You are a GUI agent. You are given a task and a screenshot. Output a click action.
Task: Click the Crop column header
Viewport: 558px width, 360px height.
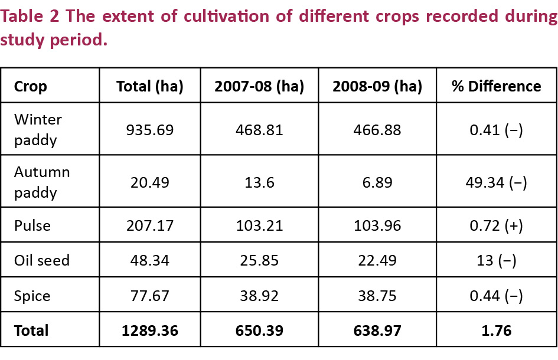(x=31, y=86)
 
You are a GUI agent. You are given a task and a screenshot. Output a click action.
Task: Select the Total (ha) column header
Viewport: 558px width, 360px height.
(x=150, y=86)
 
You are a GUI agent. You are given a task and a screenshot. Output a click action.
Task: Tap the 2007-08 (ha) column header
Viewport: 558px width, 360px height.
(x=259, y=86)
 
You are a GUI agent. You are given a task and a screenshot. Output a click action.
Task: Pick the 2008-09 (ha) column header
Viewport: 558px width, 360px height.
(x=377, y=86)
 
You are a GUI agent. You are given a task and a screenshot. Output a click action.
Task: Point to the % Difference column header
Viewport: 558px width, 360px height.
(x=496, y=86)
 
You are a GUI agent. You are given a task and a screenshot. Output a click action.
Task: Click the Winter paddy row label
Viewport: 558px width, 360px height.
(x=38, y=130)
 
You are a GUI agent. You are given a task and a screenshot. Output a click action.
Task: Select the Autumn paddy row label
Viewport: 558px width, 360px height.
(x=42, y=182)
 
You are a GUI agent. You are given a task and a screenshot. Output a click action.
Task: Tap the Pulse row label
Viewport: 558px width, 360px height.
(x=32, y=225)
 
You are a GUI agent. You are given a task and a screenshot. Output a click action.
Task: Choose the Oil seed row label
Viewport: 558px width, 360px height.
(x=42, y=260)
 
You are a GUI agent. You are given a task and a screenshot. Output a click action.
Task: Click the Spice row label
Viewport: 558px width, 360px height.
(x=32, y=295)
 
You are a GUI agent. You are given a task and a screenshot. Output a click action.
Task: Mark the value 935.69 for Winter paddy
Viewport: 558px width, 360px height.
(x=150, y=130)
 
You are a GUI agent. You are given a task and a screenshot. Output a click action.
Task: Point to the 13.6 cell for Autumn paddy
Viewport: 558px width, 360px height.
(x=259, y=182)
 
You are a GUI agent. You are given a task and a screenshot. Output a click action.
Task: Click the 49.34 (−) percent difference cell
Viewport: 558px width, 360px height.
(x=496, y=182)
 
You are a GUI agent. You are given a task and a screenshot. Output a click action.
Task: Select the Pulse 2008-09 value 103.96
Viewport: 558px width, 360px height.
(x=377, y=225)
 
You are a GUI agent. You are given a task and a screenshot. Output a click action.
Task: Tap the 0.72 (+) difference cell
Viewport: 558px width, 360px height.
(x=496, y=225)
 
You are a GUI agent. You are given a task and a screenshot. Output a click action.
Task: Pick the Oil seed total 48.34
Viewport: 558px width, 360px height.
(x=150, y=260)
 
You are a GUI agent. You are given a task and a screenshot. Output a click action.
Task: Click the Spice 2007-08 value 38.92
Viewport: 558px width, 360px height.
(x=259, y=295)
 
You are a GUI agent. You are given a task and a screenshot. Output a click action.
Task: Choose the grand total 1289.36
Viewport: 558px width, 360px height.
(x=150, y=330)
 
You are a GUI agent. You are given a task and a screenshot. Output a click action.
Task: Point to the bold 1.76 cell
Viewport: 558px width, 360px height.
(x=496, y=330)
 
